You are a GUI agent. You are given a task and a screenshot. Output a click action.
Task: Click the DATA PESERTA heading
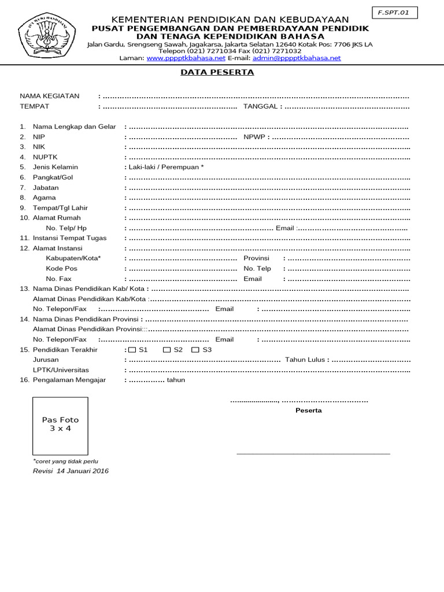217,73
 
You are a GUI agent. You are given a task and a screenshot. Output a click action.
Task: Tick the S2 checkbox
166,350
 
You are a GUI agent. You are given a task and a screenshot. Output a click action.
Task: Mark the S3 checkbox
195,350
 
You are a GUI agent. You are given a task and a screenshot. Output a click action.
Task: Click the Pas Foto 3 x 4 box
60,424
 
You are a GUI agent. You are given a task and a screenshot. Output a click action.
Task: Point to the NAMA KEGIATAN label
50,96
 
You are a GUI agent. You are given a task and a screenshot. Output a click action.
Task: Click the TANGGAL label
262,106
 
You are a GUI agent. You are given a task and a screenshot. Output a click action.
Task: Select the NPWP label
253,137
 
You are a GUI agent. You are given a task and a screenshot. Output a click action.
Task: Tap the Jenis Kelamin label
55,167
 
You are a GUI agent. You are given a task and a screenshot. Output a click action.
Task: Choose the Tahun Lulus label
305,360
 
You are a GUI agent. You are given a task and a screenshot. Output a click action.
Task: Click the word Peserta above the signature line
309,410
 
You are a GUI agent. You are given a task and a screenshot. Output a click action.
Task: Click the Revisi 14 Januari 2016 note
71,471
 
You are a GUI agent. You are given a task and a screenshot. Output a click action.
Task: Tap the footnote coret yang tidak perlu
66,461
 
